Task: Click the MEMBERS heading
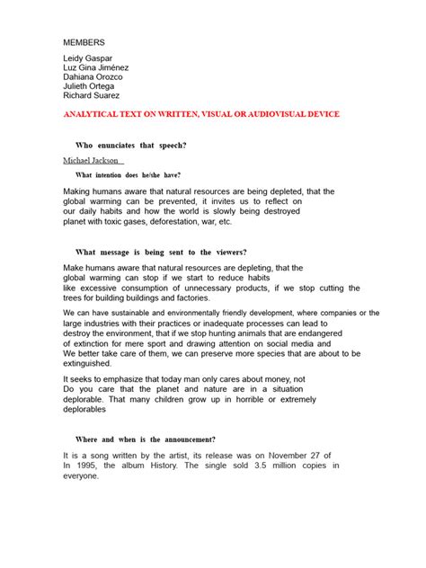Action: coord(84,42)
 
